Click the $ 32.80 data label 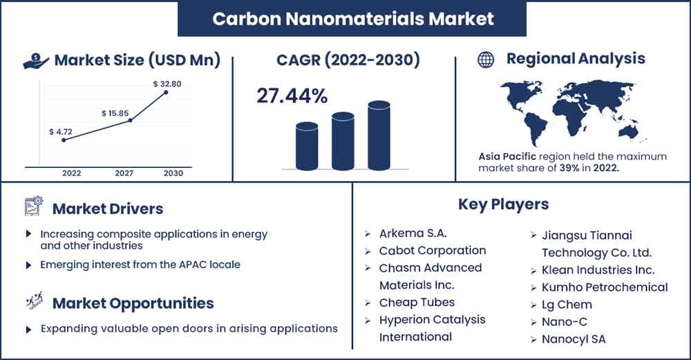tap(167, 84)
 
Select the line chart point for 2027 tap(130, 120)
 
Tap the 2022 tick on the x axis tap(71, 173)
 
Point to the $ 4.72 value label tap(61, 132)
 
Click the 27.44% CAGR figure tap(292, 95)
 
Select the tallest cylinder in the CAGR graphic tap(379, 135)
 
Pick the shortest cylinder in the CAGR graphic tap(307, 146)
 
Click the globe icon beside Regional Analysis tap(486, 59)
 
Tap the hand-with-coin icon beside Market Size tap(36, 61)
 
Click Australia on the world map tap(629, 131)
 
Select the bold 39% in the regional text tap(569, 168)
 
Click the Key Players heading tap(503, 205)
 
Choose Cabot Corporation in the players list tap(433, 250)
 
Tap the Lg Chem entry tap(567, 305)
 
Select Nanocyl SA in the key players tap(574, 339)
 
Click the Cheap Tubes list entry tap(417, 302)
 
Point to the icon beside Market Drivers tap(33, 206)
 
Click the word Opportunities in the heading tap(161, 303)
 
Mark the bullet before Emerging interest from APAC tap(28, 265)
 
